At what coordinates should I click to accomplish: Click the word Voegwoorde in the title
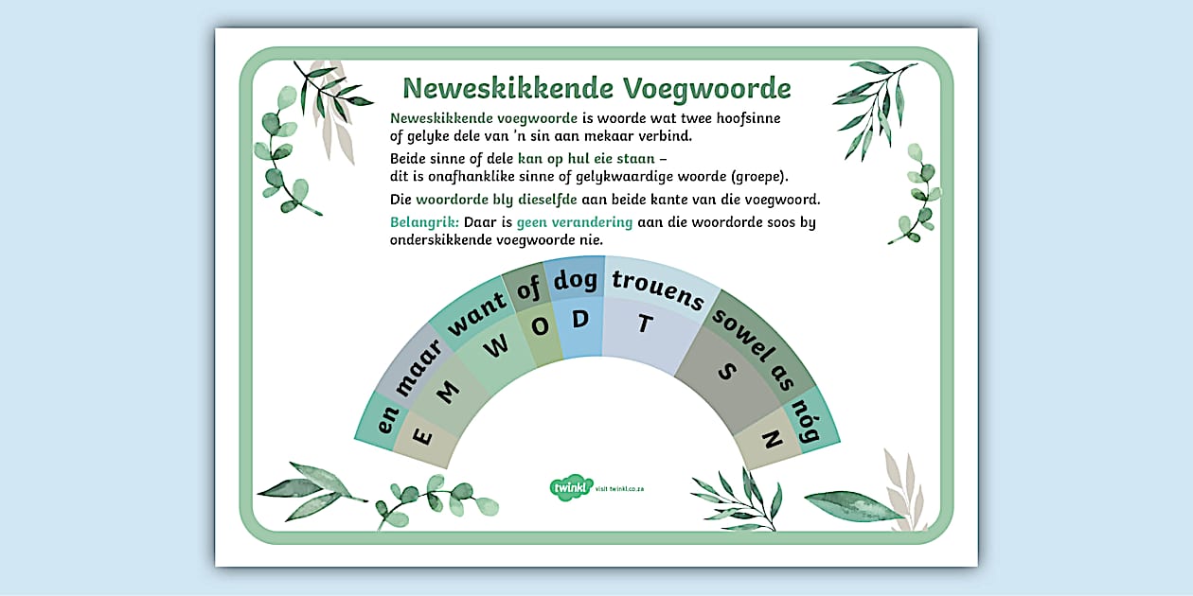(706, 88)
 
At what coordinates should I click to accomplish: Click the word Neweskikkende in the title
(508, 88)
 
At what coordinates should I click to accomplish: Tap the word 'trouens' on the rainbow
(658, 289)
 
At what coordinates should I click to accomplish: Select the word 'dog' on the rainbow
(577, 279)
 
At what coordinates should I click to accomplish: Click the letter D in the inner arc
(579, 319)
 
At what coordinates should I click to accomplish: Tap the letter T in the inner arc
(645, 324)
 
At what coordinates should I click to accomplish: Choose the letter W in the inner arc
(495, 346)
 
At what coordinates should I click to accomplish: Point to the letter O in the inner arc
(540, 326)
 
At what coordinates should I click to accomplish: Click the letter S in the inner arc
(726, 372)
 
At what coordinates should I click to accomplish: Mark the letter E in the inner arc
(423, 437)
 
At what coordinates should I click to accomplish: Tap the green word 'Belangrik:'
(424, 222)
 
